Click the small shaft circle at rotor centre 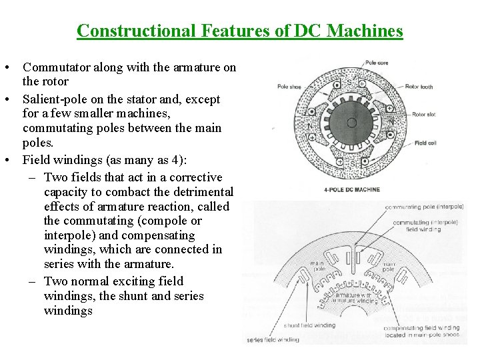(x=351, y=123)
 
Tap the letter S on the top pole (x=351, y=81)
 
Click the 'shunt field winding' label (x=310, y=325)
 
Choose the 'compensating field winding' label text (x=422, y=327)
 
